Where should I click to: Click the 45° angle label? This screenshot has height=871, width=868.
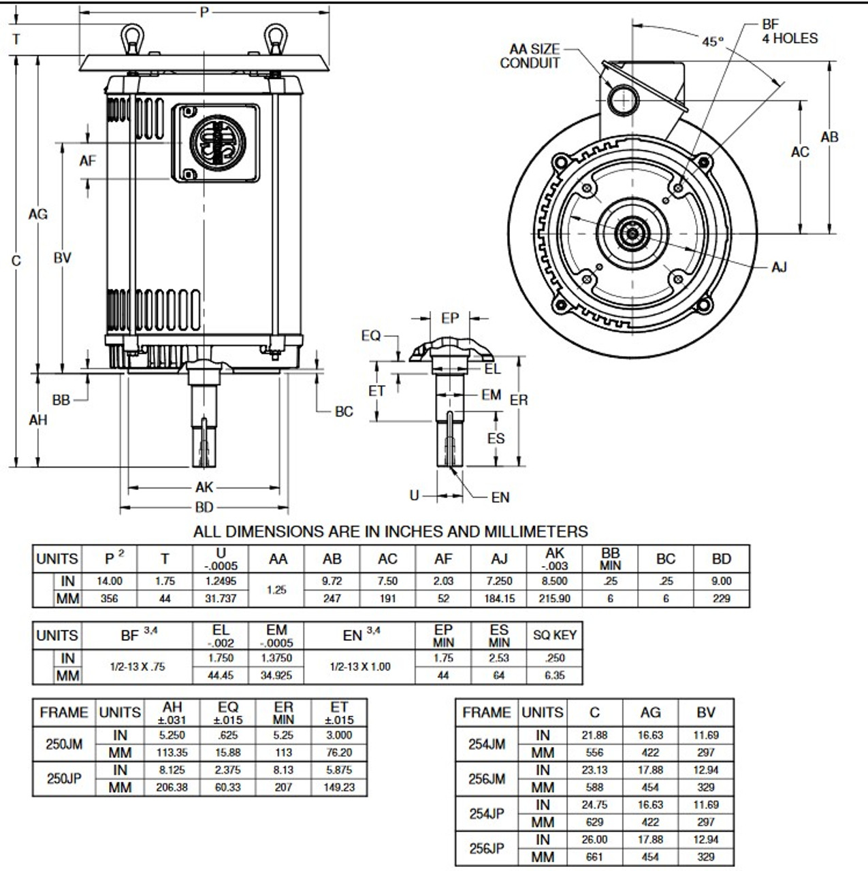pos(713,42)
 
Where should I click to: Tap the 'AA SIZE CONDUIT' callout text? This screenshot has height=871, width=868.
pos(530,56)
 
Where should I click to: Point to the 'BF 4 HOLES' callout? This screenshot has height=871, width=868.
pos(790,31)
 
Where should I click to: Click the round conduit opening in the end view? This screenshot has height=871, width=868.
pos(623,100)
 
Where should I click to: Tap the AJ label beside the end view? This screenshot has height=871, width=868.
pos(779,267)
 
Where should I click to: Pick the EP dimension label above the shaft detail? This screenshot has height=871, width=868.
pos(449,318)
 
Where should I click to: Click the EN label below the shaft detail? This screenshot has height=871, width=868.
pos(500,497)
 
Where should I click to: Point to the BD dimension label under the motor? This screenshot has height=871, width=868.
pos(204,507)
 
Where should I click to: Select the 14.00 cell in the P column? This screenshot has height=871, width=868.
pos(110,581)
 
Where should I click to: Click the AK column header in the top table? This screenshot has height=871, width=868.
pos(555,559)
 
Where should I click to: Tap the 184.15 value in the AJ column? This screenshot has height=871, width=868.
pos(500,598)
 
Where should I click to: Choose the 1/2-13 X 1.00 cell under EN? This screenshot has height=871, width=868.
pos(360,667)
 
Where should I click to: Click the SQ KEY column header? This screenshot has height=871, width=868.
pos(555,635)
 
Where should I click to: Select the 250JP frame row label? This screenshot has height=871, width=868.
pos(64,778)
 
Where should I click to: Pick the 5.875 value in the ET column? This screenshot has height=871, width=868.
pos(339,770)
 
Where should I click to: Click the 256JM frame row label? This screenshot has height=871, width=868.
pos(487,778)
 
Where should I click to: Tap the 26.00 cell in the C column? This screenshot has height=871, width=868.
pos(594,840)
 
